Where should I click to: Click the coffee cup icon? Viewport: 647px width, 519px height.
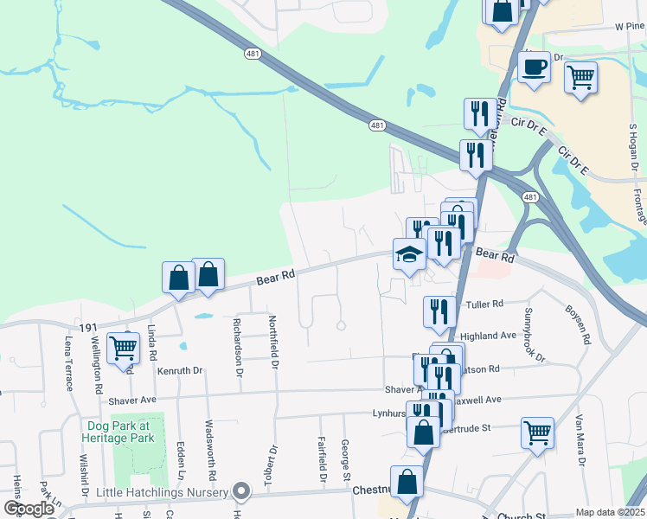click(535, 67)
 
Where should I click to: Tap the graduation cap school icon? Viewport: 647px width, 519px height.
click(409, 254)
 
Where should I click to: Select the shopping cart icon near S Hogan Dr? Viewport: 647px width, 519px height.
click(581, 78)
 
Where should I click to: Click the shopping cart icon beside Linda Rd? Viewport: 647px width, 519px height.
click(124, 348)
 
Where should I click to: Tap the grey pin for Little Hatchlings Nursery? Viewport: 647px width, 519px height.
click(243, 493)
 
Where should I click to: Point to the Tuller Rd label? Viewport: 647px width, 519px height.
click(484, 304)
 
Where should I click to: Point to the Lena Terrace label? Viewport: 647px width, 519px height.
click(68, 363)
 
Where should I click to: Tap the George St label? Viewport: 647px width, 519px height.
click(345, 460)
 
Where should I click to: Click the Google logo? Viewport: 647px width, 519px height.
click(29, 509)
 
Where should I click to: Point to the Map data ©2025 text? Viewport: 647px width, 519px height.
click(610, 512)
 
